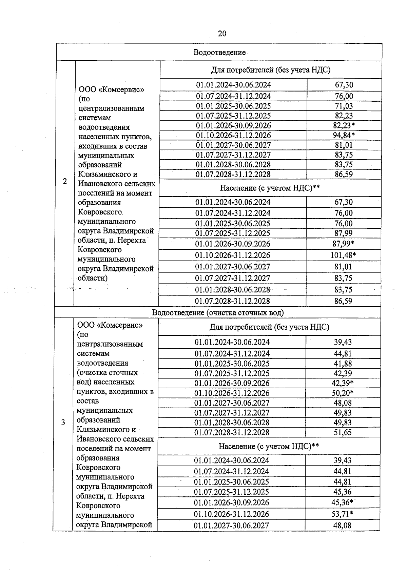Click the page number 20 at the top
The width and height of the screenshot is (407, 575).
pos(222,34)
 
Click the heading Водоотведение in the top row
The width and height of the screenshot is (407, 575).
pos(219,52)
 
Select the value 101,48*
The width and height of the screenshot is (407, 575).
pos(343,255)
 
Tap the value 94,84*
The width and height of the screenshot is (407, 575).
pos(344,136)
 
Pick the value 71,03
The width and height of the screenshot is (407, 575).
pos(344,106)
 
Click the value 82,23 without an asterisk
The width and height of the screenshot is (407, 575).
pos(344,116)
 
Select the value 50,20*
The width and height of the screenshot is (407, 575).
pos(343,393)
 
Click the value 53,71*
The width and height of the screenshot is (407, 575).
pos(343,514)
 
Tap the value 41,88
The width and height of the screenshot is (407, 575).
pos(343,364)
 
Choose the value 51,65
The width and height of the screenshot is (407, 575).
pos(343,432)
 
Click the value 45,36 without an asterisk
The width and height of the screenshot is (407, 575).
pos(343,492)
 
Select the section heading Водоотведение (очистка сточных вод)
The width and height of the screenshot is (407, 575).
pos(218,312)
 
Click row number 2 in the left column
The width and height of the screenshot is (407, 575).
pos(65,181)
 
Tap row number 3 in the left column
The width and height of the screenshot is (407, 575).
pos(63,423)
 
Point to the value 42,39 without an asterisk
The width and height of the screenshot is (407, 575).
pos(343,373)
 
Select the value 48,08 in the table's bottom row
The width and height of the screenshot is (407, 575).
pos(343,526)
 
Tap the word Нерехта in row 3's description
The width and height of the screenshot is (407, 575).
pos(131,496)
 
